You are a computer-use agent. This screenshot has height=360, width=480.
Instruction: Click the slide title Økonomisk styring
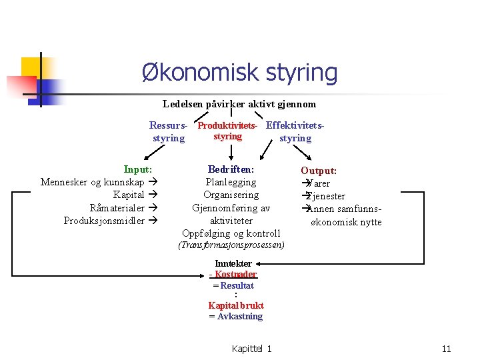[239, 72]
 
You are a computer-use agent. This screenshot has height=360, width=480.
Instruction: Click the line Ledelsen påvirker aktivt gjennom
[239, 104]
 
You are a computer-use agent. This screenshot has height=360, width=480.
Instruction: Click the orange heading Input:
[138, 170]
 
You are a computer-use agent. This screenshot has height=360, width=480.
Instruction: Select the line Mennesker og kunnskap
[93, 182]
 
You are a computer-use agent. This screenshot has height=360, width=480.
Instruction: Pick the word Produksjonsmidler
[104, 220]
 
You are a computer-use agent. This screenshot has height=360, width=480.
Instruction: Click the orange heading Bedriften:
[231, 170]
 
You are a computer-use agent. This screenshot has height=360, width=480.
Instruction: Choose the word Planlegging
[231, 182]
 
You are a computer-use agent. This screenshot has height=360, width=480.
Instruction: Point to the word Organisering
[231, 195]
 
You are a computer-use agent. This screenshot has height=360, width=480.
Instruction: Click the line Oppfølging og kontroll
[231, 233]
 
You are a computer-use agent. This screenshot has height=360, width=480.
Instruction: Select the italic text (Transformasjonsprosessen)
[231, 245]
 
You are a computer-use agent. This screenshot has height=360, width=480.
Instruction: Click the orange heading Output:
[319, 171]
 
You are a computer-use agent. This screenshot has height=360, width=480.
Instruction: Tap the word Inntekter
[233, 263]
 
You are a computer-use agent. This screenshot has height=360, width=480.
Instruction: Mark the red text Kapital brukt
[236, 305]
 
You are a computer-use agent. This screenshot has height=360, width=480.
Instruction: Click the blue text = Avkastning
[236, 316]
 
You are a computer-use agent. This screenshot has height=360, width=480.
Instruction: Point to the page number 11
[446, 349]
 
